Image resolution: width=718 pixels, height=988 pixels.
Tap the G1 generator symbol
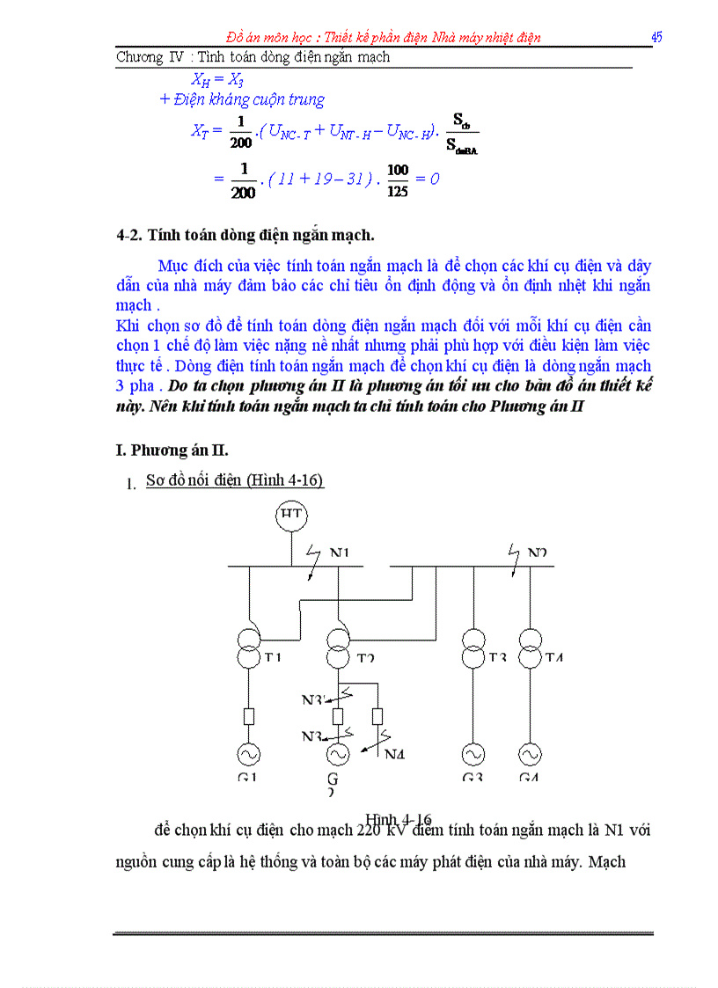point(248,754)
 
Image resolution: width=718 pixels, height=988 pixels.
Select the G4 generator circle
point(530,754)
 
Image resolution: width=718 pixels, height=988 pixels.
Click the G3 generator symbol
point(473,754)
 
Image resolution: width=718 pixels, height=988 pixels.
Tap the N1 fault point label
point(340,553)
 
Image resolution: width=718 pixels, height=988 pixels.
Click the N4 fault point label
point(394,752)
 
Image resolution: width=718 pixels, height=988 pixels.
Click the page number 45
point(656,37)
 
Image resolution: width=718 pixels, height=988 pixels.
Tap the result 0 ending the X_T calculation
point(434,179)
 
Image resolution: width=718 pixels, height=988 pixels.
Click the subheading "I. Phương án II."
point(172,450)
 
